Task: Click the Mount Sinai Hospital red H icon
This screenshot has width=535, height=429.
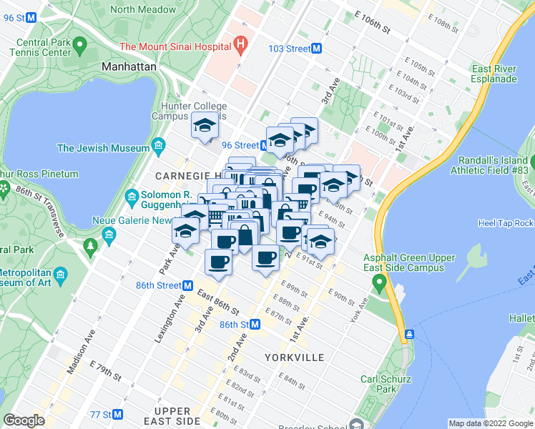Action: tap(241, 46)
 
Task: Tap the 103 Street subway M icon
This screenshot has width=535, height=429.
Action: tap(315, 48)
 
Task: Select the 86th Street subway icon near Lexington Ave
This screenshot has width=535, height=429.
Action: tap(187, 285)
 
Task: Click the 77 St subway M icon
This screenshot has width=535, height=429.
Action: tap(118, 415)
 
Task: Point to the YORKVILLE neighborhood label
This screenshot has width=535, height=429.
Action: tap(294, 357)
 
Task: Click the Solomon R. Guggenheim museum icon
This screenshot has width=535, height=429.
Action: tap(132, 196)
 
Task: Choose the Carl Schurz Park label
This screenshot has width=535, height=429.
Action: tap(378, 384)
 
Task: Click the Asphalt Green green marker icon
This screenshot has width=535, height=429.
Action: tap(378, 285)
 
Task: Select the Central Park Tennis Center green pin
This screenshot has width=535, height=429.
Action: tap(79, 47)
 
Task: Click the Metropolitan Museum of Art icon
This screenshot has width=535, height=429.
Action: tap(61, 275)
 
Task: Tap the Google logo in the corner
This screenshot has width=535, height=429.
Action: tap(24, 420)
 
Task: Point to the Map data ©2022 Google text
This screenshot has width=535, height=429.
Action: tap(491, 423)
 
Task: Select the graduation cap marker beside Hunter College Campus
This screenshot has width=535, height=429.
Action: tap(205, 127)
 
